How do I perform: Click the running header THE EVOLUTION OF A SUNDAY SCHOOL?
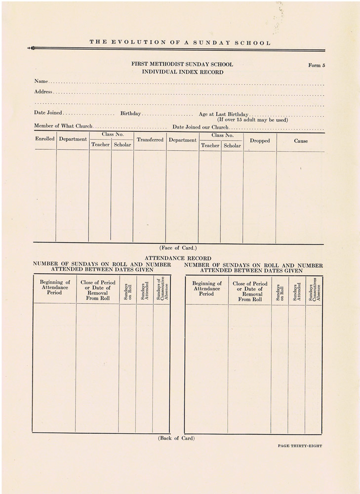(180, 42)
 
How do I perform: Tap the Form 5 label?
(317, 65)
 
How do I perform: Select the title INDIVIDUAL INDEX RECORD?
(182, 72)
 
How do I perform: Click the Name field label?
(41, 81)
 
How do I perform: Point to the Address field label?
(43, 92)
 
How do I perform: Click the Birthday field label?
(131, 114)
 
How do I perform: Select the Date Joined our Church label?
(200, 127)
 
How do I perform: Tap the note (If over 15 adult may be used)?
(252, 120)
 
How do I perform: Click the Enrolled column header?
(45, 139)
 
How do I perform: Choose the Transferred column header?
(150, 140)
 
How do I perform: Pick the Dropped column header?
(260, 141)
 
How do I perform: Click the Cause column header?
(301, 141)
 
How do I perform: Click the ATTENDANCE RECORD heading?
(178, 258)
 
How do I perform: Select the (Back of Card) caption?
(176, 438)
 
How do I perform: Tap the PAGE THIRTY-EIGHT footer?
(300, 446)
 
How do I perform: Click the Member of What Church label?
(63, 126)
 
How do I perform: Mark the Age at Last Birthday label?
(223, 114)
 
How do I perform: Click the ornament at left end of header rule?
(31, 48)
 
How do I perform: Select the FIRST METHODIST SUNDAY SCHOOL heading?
(182, 65)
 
